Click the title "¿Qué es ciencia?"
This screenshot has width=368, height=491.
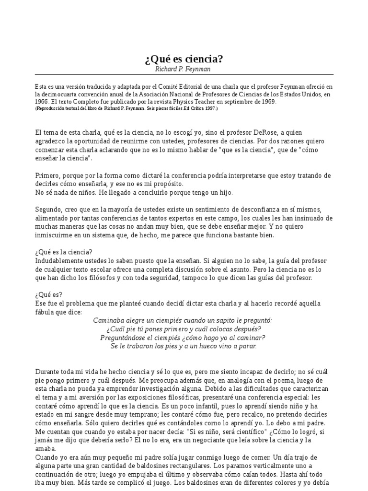[184, 59]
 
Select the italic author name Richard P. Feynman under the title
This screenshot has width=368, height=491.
[184, 69]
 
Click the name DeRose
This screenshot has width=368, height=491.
[265, 132]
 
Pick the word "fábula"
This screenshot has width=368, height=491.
[46, 312]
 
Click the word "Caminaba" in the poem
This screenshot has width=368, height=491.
[109, 320]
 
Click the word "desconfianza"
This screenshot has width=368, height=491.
[267, 210]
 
